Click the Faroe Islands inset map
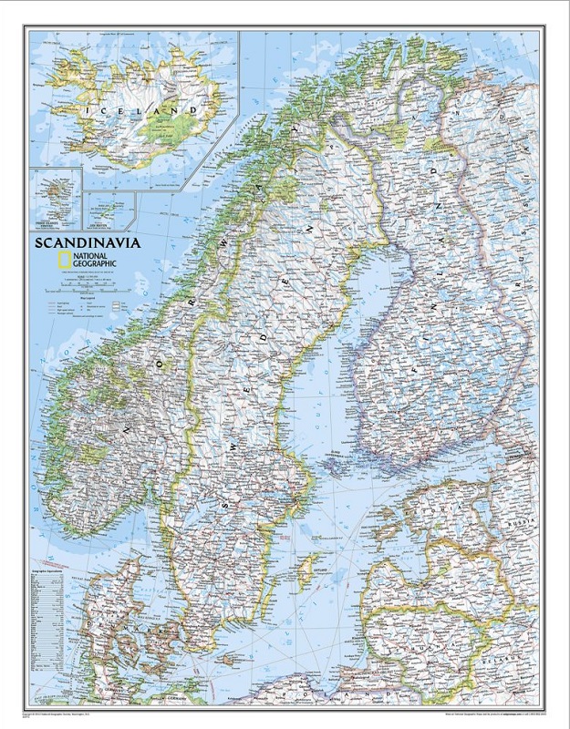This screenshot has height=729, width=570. point(55,196)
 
